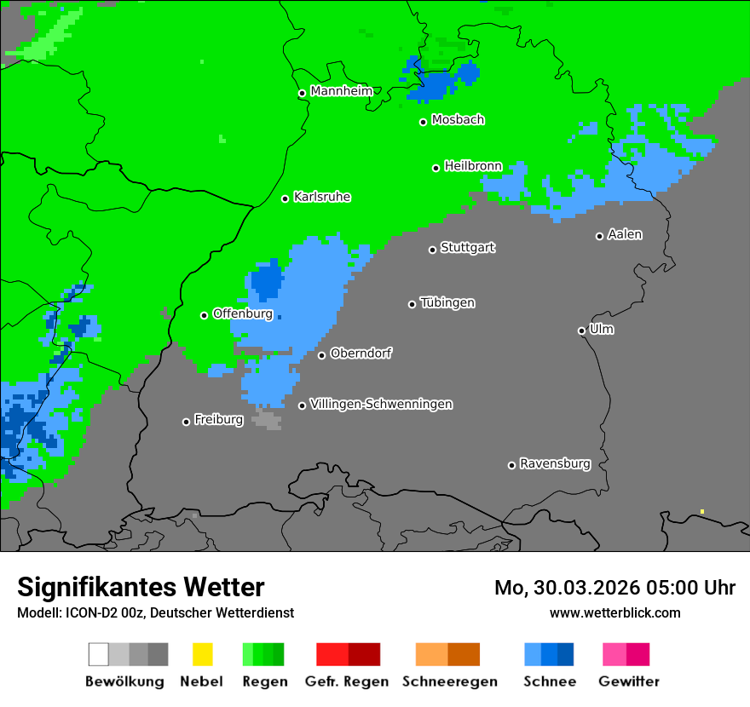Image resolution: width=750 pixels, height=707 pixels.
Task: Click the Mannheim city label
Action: click(342, 91)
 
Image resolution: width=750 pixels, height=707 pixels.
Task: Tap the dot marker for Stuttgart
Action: click(433, 250)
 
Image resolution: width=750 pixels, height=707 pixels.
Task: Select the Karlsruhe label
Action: click(322, 197)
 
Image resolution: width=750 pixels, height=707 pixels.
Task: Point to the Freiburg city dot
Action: click(186, 422)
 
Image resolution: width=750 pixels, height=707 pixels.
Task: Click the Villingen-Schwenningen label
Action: click(381, 404)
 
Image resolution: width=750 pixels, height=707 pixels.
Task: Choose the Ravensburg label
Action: click(555, 463)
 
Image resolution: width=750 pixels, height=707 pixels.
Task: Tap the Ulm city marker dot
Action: click(582, 331)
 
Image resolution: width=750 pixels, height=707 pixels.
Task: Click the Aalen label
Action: click(625, 234)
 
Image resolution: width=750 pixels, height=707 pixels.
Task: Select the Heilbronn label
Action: click(473, 166)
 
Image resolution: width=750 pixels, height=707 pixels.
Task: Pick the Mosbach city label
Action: click(458, 120)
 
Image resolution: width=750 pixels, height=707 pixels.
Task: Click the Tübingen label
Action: click(447, 302)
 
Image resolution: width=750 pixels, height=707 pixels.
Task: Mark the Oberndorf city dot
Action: click(321, 355)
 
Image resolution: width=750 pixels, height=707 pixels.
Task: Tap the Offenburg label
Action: click(243, 313)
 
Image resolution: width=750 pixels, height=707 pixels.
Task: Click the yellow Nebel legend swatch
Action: click(202, 654)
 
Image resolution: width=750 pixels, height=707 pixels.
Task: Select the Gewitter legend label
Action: click(629, 681)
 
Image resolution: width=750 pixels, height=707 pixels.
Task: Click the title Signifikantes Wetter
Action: click(141, 587)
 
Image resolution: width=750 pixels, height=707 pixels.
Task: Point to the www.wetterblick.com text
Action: click(614, 612)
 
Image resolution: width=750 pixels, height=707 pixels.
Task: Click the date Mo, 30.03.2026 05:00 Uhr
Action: click(614, 588)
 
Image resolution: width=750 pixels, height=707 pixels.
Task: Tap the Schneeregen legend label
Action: click(449, 681)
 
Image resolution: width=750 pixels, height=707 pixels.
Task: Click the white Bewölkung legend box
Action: click(99, 654)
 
